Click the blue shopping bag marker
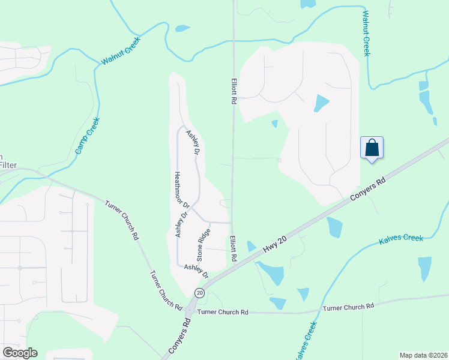(x=372, y=148)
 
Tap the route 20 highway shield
(x=200, y=292)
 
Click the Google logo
(x=20, y=352)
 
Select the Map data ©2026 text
(x=423, y=355)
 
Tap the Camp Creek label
(x=87, y=136)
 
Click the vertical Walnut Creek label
(x=365, y=34)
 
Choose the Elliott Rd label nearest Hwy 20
(x=233, y=248)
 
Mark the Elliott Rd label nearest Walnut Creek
(x=233, y=91)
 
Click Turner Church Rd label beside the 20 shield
(x=223, y=312)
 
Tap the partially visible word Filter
(x=8, y=164)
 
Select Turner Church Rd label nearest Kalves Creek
(x=348, y=307)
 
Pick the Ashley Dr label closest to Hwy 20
(x=196, y=271)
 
